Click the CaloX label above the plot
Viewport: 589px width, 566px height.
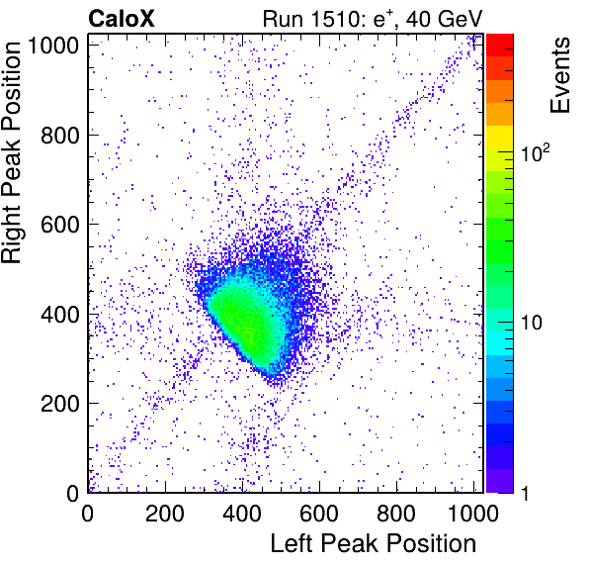[x=122, y=19]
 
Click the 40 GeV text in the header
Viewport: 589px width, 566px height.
[x=444, y=20]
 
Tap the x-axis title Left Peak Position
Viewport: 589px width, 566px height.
[x=374, y=544]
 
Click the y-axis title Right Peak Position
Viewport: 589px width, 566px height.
[x=11, y=152]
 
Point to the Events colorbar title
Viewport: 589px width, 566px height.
[x=560, y=75]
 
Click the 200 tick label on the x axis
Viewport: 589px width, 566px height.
[x=165, y=514]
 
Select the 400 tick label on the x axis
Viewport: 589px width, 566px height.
[x=242, y=514]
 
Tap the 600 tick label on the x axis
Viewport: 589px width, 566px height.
[x=319, y=514]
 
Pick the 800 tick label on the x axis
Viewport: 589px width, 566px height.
[x=396, y=514]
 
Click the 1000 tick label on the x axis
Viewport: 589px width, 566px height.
[x=473, y=514]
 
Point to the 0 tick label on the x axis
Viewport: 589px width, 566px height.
[x=88, y=514]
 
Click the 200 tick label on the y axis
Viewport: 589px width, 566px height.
[x=60, y=404]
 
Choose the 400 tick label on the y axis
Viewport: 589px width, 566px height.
[x=60, y=315]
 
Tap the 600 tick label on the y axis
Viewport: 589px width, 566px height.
[x=60, y=225]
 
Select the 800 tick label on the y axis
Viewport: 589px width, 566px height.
[x=60, y=136]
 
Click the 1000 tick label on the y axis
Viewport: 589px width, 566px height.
[x=53, y=46]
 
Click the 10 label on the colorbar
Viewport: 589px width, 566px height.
[x=531, y=323]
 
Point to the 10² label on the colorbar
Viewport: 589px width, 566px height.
[x=536, y=152]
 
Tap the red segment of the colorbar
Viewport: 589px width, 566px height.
[x=500, y=46]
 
